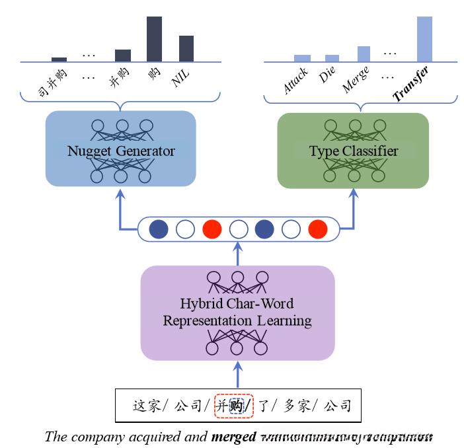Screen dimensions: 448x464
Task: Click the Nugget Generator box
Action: coord(121,149)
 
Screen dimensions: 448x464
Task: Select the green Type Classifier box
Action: coord(354,150)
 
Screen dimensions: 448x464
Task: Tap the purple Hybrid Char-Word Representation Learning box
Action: coord(237,313)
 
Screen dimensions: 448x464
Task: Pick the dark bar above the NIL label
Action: coord(186,49)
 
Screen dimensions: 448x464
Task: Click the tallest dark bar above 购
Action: coord(154,39)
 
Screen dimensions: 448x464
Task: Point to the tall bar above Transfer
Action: coord(424,39)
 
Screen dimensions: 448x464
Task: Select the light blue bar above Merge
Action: coord(364,54)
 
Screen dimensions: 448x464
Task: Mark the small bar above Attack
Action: coord(302,58)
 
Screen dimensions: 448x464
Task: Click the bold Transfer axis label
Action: coord(410,83)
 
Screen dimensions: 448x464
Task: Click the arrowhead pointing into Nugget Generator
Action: coord(120,193)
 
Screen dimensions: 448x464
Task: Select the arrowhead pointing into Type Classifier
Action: coord(354,193)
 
